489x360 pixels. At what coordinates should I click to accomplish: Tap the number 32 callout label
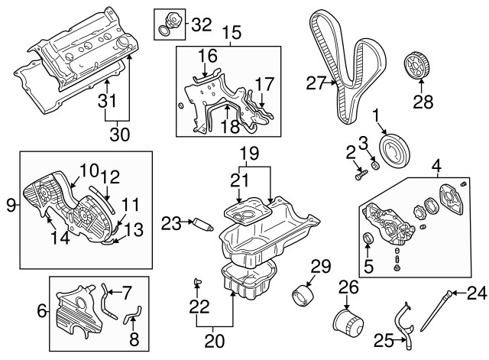pyautogui.click(x=202, y=24)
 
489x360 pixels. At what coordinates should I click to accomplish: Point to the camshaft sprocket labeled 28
pyautogui.click(x=418, y=67)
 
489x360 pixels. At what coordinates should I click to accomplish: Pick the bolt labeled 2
pyautogui.click(x=361, y=174)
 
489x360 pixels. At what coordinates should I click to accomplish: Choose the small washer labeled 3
pyautogui.click(x=375, y=165)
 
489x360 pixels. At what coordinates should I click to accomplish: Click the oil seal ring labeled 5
pyautogui.click(x=368, y=238)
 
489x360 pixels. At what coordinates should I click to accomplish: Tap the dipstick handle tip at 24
pyautogui.click(x=449, y=293)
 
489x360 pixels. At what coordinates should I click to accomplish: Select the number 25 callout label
pyautogui.click(x=384, y=341)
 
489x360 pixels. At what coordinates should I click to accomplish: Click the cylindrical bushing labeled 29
pyautogui.click(x=303, y=296)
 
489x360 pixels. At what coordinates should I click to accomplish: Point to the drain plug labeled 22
pyautogui.click(x=197, y=282)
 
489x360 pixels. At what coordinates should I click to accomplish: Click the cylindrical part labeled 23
pyautogui.click(x=202, y=224)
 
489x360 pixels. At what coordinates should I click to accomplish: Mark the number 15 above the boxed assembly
pyautogui.click(x=232, y=33)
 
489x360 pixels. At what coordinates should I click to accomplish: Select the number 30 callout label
pyautogui.click(x=119, y=135)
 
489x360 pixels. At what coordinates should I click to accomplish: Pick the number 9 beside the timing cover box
pyautogui.click(x=11, y=206)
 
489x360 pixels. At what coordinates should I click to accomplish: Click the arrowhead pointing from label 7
pyautogui.click(x=110, y=292)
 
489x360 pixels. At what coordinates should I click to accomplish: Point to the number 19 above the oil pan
pyautogui.click(x=250, y=154)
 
